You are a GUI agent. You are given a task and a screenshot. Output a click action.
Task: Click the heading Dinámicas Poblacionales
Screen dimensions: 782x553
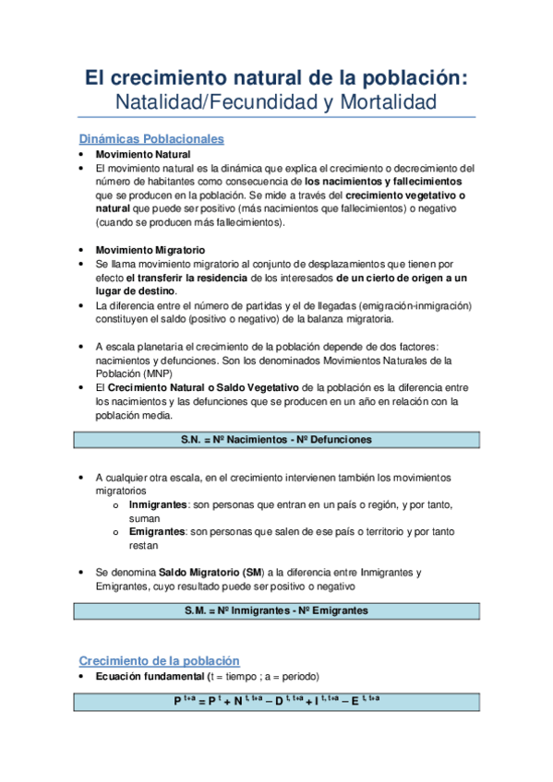pos(151,139)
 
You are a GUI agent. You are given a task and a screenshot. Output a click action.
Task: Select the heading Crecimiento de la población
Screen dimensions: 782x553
pos(159,661)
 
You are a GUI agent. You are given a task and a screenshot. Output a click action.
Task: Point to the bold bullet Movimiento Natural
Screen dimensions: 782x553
pos(143,155)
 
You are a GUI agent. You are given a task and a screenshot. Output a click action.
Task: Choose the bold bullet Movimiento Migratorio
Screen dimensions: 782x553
pos(150,250)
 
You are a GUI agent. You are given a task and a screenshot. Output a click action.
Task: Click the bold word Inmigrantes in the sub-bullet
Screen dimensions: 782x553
pos(159,505)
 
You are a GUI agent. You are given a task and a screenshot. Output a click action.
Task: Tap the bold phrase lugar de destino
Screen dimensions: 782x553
pos(136,290)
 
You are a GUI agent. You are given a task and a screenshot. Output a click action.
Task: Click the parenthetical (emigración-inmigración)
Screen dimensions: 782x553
pos(391,305)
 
